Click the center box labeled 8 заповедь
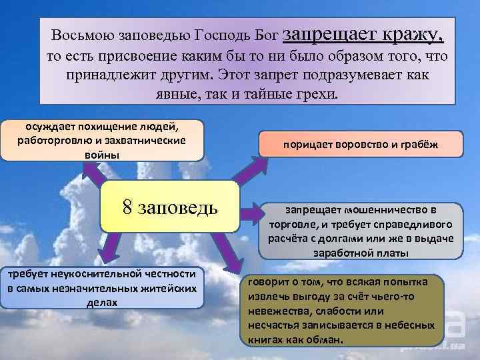[x=170, y=206]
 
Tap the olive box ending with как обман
[x=343, y=311]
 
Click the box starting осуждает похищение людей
[x=102, y=140]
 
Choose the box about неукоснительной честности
[x=102, y=287]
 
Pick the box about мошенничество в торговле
[x=360, y=230]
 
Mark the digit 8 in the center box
[x=127, y=207]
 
